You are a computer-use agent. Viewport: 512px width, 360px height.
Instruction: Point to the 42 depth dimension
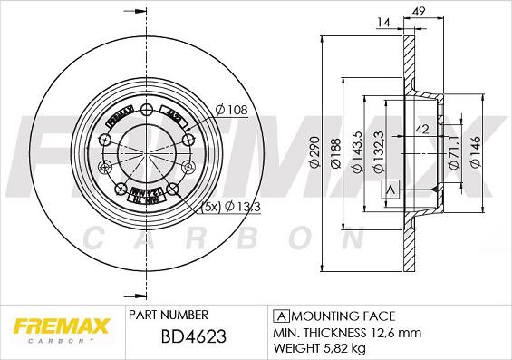pos(422,130)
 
